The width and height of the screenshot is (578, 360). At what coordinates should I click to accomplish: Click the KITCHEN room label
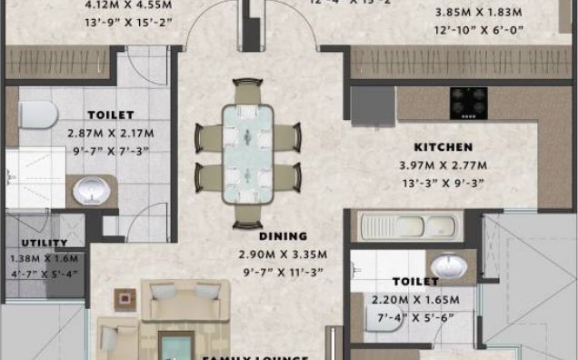[443, 146]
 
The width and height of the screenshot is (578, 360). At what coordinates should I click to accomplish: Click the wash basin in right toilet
[446, 266]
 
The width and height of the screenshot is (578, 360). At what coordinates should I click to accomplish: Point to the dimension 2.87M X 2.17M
[111, 133]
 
